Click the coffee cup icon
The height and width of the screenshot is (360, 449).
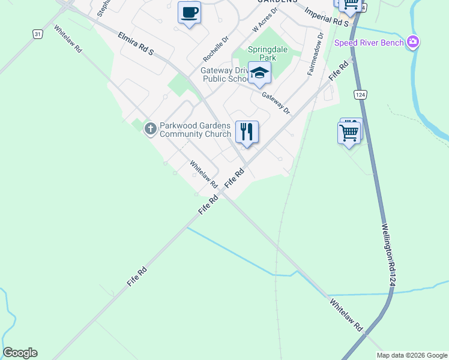click(190, 13)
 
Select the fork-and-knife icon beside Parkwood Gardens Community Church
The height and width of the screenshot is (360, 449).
click(247, 131)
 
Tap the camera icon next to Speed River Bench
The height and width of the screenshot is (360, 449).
click(412, 42)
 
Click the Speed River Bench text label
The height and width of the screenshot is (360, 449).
click(369, 43)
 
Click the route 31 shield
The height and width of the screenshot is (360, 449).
click(38, 34)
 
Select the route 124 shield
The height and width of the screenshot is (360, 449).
click(360, 95)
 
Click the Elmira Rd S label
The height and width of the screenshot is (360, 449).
click(136, 44)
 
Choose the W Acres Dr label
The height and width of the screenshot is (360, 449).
click(265, 20)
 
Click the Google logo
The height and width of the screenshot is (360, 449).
click(20, 353)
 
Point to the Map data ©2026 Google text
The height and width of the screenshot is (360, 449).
click(412, 355)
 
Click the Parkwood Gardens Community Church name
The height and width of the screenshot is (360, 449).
click(195, 130)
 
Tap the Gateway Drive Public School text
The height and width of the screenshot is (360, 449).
click(224, 74)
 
